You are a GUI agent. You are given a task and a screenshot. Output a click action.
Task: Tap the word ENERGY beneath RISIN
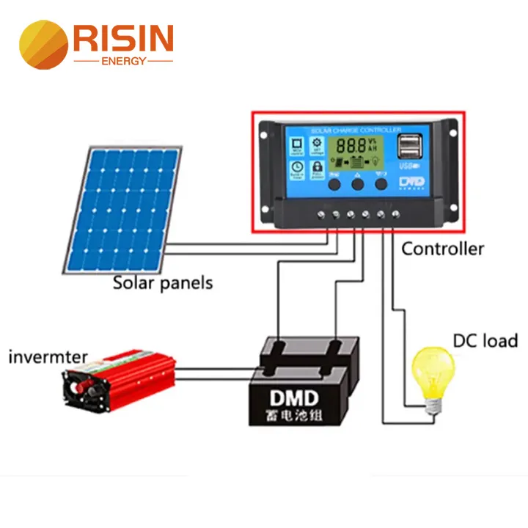click(x=123, y=61)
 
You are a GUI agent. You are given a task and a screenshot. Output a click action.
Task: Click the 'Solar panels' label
click(x=162, y=282)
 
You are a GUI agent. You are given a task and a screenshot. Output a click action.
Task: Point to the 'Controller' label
click(x=442, y=249)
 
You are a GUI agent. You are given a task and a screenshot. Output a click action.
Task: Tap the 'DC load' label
click(x=485, y=341)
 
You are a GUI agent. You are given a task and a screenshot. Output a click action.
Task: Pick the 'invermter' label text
click(x=48, y=358)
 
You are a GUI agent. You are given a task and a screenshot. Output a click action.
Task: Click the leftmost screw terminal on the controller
click(x=321, y=215)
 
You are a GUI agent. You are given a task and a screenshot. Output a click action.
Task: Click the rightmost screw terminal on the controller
click(x=396, y=215)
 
